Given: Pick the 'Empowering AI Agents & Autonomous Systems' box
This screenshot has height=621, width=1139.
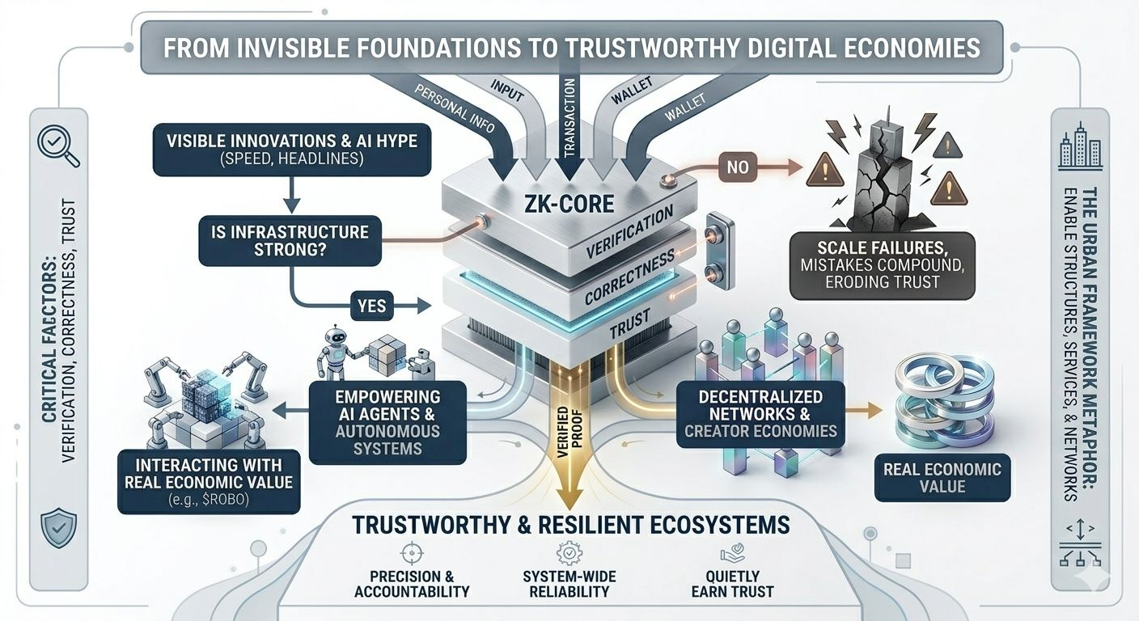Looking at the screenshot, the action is (387, 422).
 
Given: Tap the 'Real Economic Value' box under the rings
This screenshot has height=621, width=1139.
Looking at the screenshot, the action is (942, 477).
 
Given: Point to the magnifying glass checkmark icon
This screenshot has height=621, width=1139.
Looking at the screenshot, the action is (58, 146).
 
